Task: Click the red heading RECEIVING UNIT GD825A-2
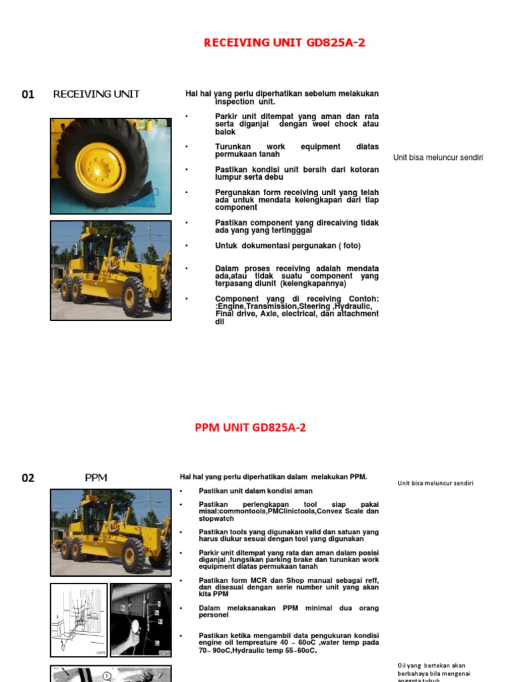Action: click(x=284, y=43)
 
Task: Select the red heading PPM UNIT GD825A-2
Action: click(x=250, y=428)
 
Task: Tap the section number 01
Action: click(x=28, y=95)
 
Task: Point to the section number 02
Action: click(x=28, y=478)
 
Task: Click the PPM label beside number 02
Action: click(x=96, y=478)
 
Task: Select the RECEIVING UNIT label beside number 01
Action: click(x=96, y=94)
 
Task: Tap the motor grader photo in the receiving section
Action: click(x=111, y=270)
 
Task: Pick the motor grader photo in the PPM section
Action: click(x=111, y=532)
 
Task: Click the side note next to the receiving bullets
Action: click(x=438, y=158)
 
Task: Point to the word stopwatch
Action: click(x=216, y=517)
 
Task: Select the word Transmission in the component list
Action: click(x=273, y=307)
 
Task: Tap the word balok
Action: click(x=225, y=132)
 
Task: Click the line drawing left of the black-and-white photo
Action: click(x=79, y=620)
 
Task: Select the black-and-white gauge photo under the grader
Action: click(x=141, y=620)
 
